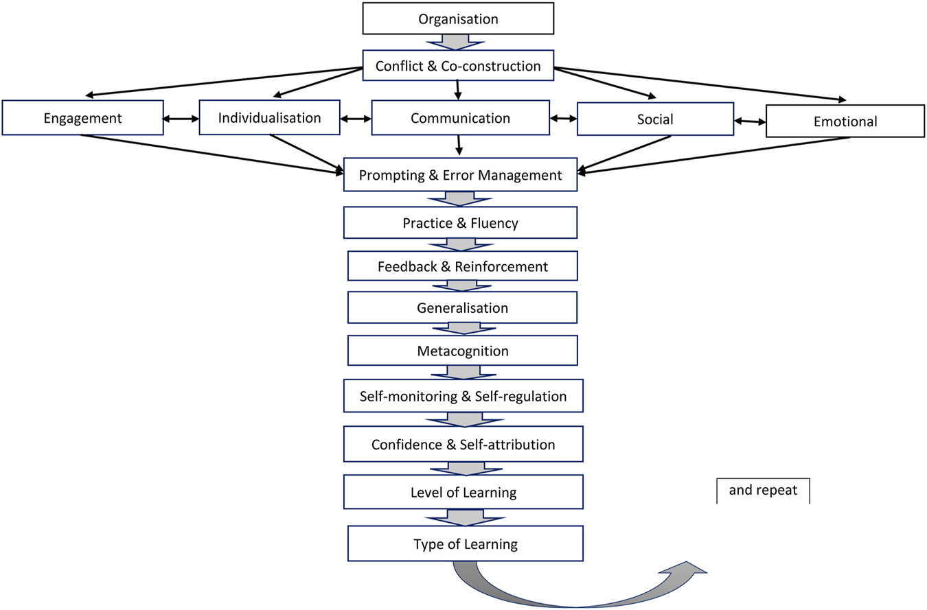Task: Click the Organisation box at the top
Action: [458, 19]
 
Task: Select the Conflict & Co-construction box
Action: [458, 67]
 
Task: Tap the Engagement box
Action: [82, 118]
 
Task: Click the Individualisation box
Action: [269, 117]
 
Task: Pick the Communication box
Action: [460, 118]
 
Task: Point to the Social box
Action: [654, 119]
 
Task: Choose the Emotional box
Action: [845, 121]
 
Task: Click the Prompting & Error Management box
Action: [460, 176]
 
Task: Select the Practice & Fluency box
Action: [460, 222]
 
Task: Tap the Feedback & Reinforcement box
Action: [462, 266]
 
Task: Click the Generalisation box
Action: [462, 307]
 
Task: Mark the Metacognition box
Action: [462, 351]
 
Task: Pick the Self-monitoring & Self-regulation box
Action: [463, 396]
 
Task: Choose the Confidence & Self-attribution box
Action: [463, 444]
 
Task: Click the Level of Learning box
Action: [463, 492]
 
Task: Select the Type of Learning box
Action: [465, 544]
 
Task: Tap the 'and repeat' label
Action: [763, 491]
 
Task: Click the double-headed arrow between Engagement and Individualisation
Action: [180, 119]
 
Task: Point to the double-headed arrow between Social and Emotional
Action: [749, 121]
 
